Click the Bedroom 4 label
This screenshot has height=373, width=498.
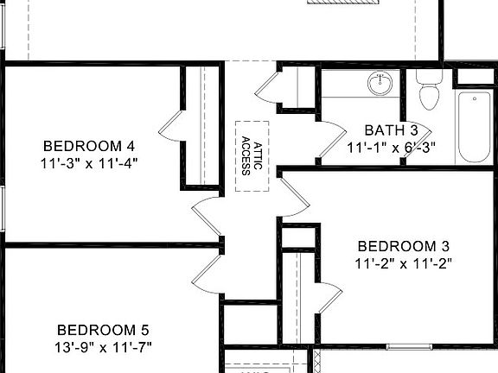coord(89,145)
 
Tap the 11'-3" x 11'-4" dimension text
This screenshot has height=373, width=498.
coord(89,161)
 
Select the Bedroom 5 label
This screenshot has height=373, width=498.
coord(103,330)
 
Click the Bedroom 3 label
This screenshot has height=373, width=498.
coord(403,245)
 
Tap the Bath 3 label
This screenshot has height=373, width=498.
coord(391,130)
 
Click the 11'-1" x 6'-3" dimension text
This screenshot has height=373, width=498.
coord(391,147)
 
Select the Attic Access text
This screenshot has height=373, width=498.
coord(252,155)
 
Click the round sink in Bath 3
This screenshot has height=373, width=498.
coord(379,84)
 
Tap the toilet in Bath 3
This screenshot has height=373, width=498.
coord(429,87)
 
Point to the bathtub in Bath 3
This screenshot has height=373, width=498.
coord(474,128)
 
